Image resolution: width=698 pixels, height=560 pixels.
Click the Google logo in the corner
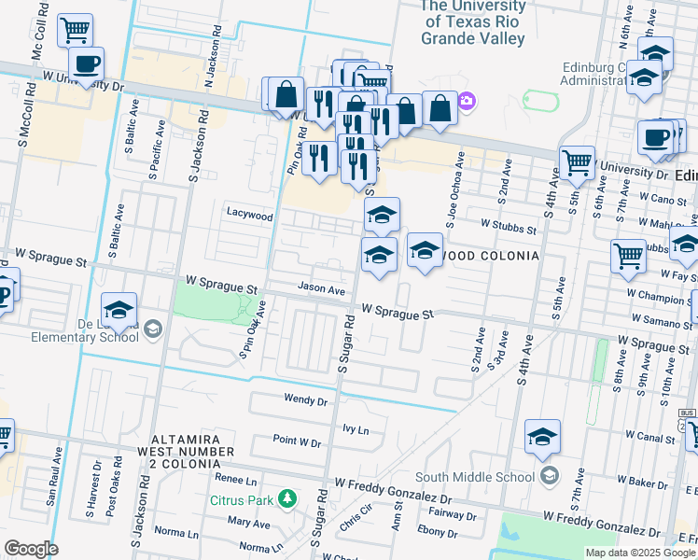point(30,549)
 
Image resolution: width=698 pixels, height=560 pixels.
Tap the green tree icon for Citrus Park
point(289,500)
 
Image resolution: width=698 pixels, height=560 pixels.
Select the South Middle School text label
point(485,477)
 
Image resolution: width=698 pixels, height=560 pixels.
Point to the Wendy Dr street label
point(305,400)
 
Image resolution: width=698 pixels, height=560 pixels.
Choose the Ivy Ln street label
point(356,430)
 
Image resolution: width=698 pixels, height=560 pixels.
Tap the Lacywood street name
point(250,215)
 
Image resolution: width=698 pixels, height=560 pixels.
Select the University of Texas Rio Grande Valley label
point(473,22)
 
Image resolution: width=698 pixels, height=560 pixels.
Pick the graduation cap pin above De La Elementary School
point(119,311)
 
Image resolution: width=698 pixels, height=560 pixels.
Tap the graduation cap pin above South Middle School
point(543,437)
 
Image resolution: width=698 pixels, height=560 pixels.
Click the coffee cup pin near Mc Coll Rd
point(86,64)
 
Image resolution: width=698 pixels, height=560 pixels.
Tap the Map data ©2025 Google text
point(639,553)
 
